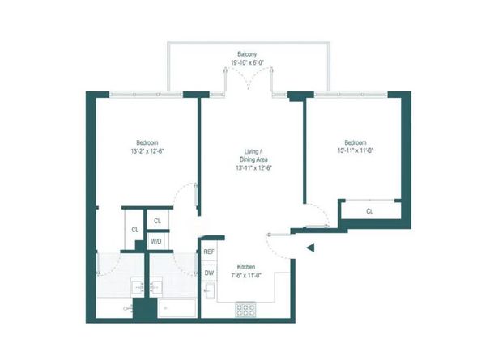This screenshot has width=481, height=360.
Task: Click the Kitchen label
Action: [247, 268]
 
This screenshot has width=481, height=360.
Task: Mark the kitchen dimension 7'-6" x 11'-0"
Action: [247, 276]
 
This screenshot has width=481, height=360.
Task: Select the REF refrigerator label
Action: [209, 252]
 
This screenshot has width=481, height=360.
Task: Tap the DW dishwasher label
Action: [208, 273]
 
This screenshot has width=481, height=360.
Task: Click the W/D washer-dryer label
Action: [157, 239]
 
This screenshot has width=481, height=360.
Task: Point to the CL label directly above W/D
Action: [157, 220]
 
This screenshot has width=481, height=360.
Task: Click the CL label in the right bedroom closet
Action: [369, 212]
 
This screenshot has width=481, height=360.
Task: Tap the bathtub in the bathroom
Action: [177, 308]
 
